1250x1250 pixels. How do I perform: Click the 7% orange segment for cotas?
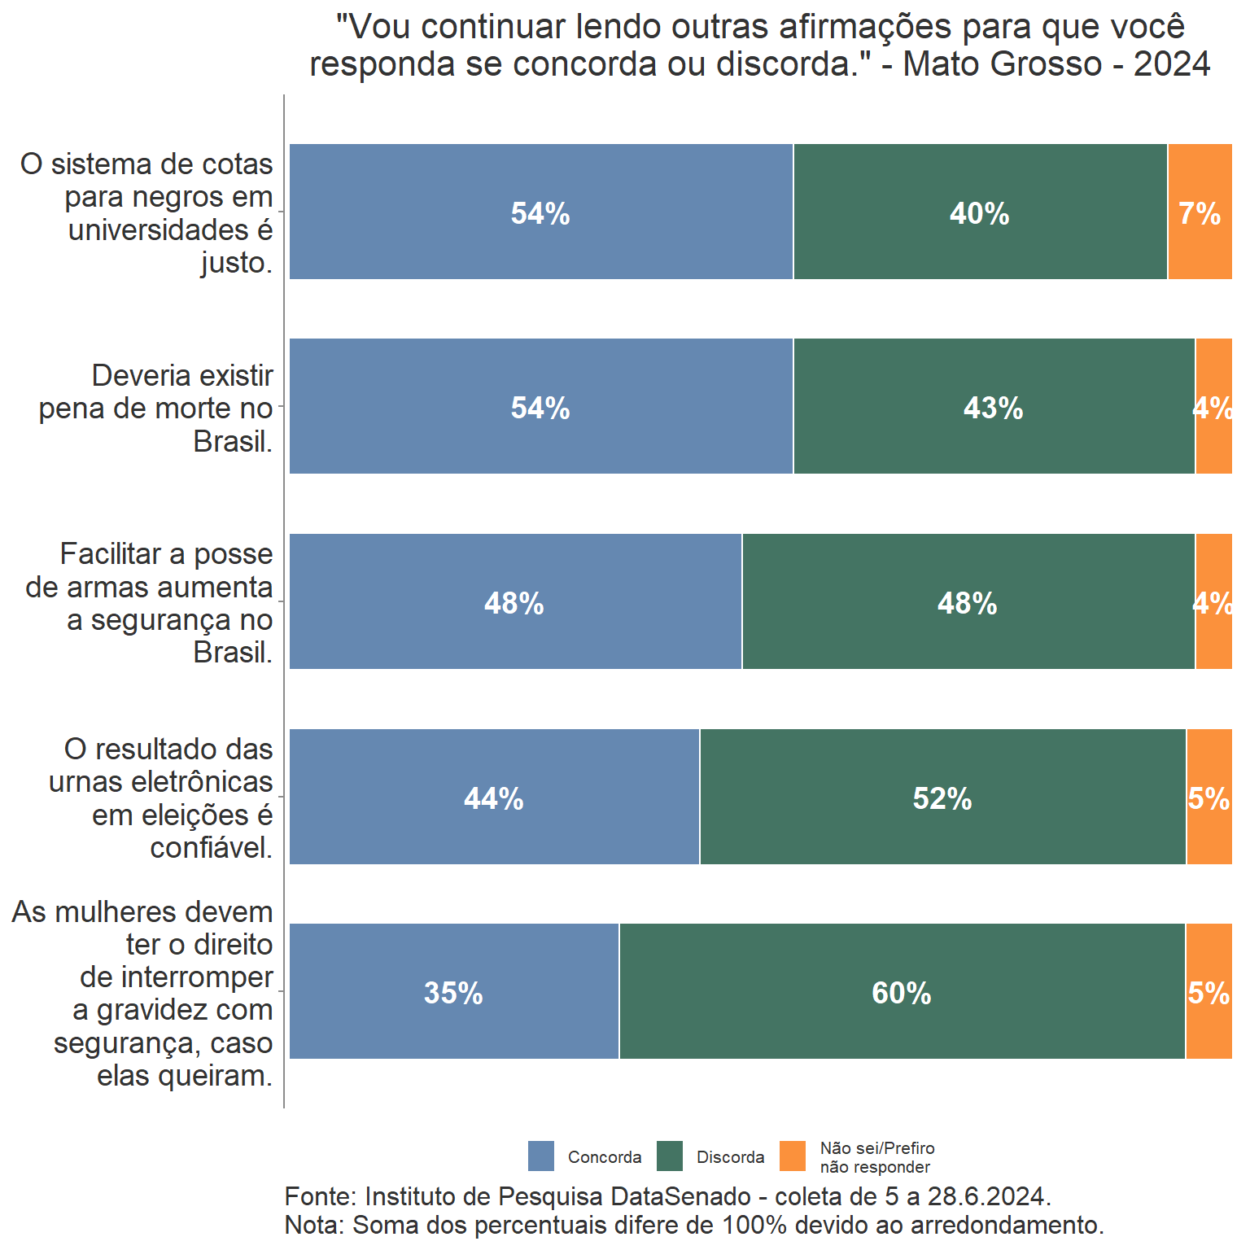1200,212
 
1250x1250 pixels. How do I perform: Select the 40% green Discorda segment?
980,212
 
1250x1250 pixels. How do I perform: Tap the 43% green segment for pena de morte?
994,407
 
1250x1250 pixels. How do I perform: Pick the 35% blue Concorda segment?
453,992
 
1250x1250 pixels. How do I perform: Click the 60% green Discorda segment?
902,992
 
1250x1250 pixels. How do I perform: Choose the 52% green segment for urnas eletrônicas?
942,798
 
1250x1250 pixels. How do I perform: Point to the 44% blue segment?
493,798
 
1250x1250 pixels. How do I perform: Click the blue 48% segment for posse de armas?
514,602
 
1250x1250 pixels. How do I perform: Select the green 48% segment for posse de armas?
968,602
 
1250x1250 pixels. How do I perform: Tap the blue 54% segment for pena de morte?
540,407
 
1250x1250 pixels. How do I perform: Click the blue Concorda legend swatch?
541,1156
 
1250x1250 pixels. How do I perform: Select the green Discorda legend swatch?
670,1156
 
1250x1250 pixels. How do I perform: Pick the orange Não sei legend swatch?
793,1156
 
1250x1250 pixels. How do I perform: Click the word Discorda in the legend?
730,1157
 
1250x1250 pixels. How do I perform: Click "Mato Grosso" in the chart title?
1002,63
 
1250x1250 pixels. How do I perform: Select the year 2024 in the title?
1172,63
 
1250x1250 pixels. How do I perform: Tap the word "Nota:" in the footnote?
315,1225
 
